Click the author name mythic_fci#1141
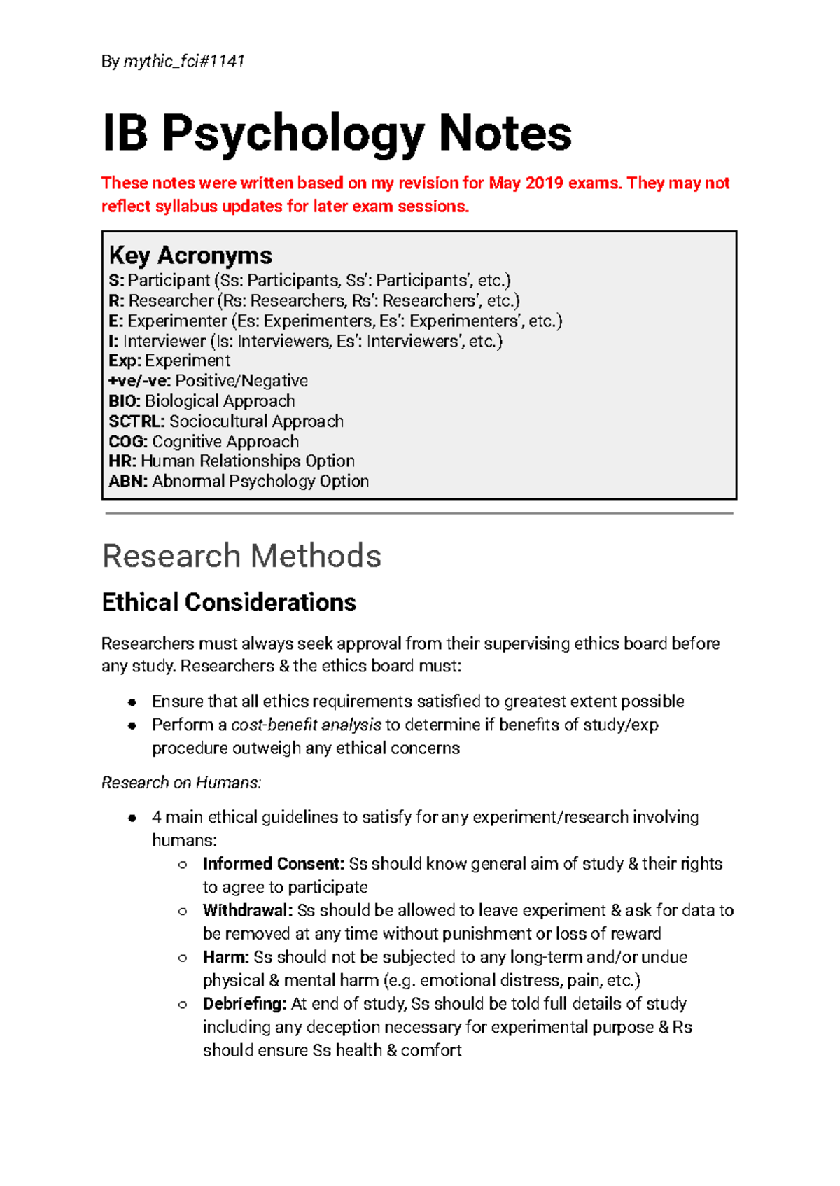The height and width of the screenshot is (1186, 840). coord(184,62)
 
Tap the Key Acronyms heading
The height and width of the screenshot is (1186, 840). coord(190,256)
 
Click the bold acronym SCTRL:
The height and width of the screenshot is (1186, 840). coord(136,421)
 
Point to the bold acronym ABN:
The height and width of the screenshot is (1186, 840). coord(128,482)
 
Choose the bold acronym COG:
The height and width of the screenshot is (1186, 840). coord(128,442)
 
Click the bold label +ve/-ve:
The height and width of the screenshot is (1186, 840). coord(139,381)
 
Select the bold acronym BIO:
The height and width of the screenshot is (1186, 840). coord(125,401)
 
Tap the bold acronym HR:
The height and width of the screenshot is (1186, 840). coord(122,461)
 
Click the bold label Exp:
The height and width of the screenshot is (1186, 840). coord(125,361)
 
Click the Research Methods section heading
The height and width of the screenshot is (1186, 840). coord(241,556)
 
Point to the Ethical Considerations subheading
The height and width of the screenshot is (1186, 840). coord(229,602)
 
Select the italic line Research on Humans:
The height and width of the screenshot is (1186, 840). coord(181,783)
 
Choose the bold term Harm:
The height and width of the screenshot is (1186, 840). coord(226,957)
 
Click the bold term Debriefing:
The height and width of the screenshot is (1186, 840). coord(245,1004)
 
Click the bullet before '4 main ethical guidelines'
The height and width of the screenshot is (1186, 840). coord(132,818)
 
